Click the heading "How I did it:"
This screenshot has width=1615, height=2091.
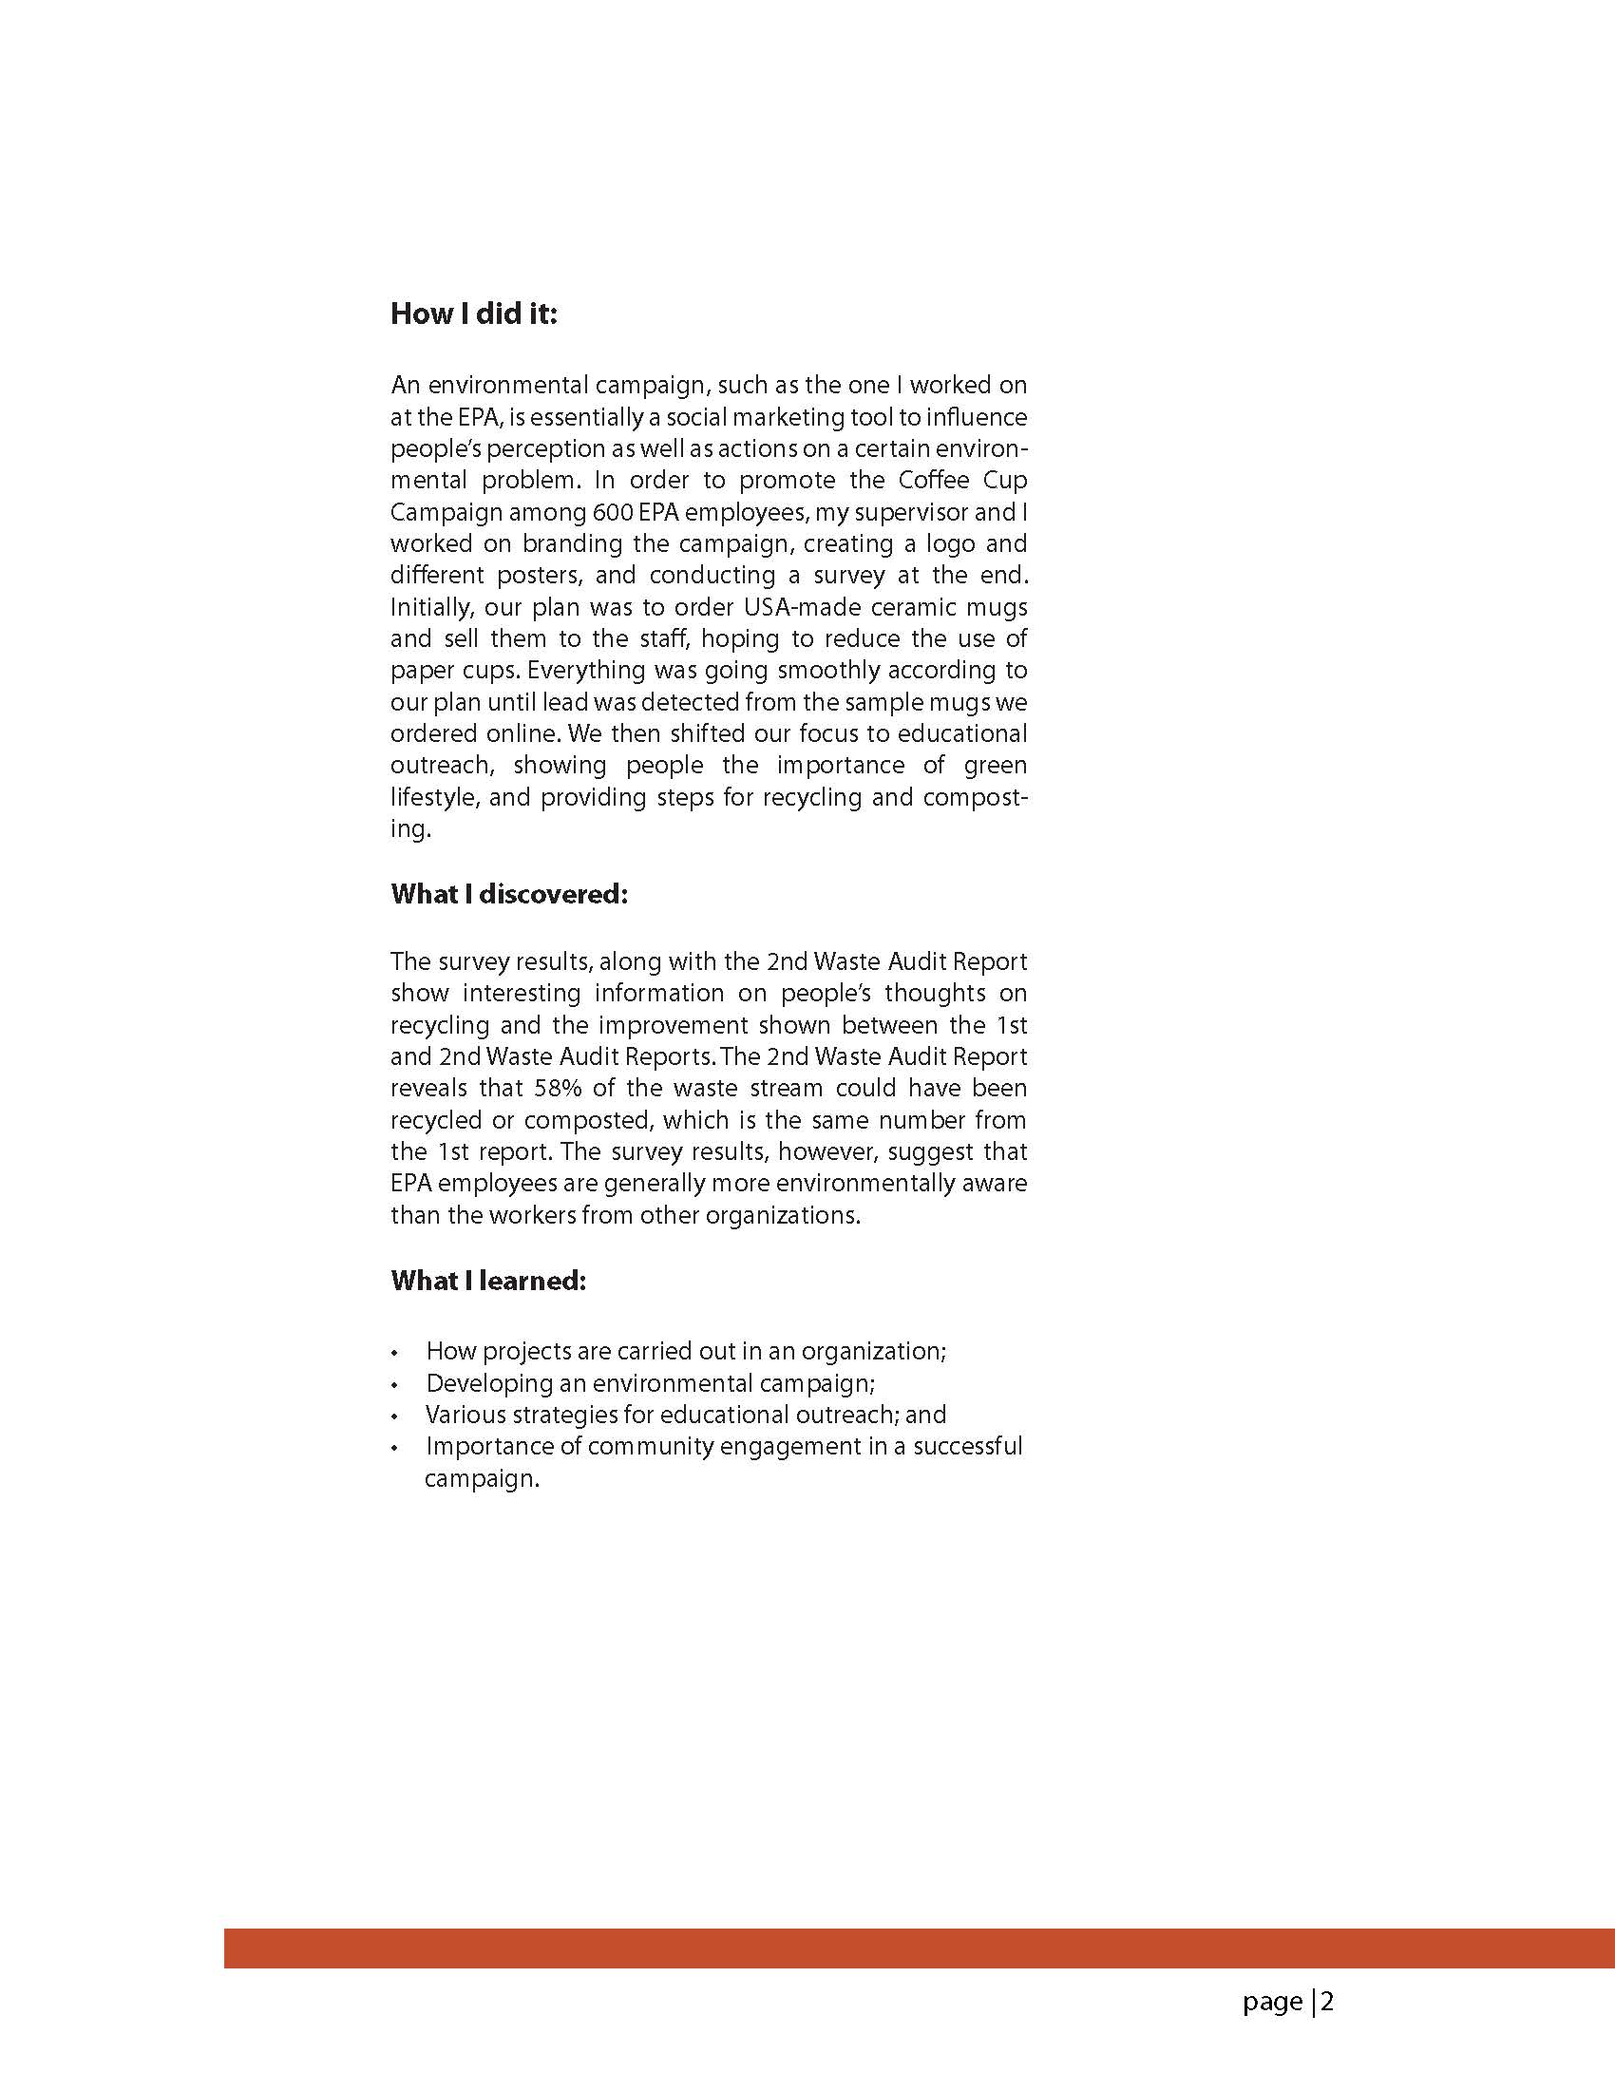point(473,314)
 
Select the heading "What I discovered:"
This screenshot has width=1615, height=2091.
point(508,894)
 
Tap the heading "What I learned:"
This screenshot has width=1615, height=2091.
point(487,1281)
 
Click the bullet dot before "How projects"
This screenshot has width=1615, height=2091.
point(394,1354)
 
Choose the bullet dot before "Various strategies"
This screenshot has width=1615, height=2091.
point(394,1417)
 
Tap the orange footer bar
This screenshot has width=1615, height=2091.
point(919,1948)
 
